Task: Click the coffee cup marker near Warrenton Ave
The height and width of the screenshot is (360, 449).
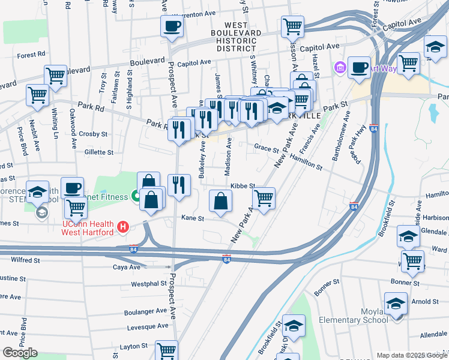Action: [172, 26]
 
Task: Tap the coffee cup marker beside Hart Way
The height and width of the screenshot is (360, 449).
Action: [360, 68]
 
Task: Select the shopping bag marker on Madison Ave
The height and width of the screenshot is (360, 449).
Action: [221, 201]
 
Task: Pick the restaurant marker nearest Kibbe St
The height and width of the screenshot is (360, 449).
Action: [179, 185]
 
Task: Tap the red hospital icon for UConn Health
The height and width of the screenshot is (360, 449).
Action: [123, 226]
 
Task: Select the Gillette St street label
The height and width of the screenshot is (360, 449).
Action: [98, 153]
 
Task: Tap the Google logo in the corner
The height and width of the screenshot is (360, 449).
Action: [20, 353]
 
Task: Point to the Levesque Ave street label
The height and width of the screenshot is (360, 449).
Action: [148, 326]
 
